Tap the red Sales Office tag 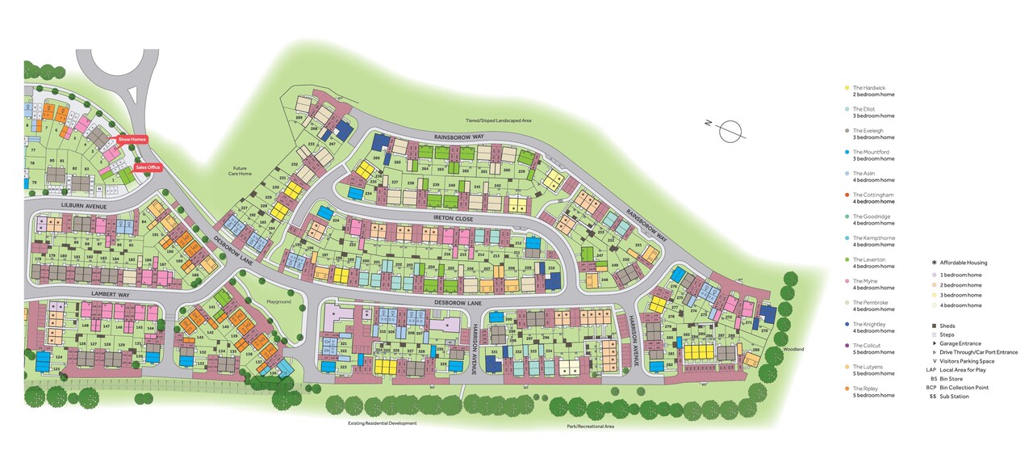147,167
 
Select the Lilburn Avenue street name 85,206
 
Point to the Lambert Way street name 111,295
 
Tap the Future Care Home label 240,170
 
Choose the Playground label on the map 278,301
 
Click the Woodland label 794,349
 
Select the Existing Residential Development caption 382,422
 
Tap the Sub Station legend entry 954,397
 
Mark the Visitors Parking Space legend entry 969,361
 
